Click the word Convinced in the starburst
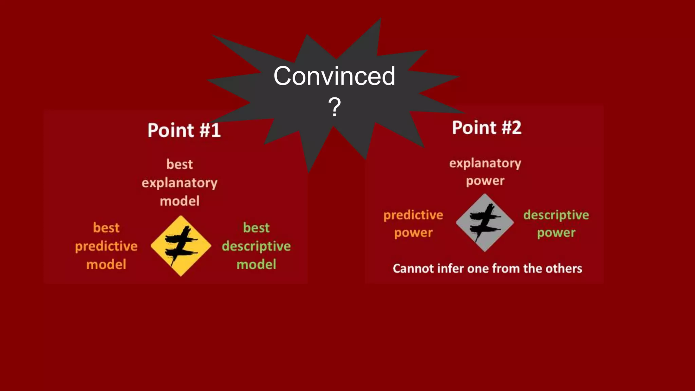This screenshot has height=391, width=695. [334, 76]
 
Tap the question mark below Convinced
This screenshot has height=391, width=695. [334, 107]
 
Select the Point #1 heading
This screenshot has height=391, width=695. [184, 130]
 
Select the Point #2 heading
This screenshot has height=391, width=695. [486, 128]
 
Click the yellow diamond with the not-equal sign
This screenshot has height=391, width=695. [181, 246]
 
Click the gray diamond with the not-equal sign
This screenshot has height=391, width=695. [485, 223]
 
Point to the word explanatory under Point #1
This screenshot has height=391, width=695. [179, 183]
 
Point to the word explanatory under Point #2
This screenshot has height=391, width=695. [485, 164]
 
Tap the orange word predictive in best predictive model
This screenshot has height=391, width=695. [106, 246]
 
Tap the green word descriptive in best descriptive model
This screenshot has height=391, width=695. [256, 246]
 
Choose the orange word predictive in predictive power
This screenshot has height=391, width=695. [413, 215]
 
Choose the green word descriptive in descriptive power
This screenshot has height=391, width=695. [556, 215]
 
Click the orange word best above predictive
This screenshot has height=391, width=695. [106, 228]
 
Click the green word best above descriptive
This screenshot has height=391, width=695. [256, 228]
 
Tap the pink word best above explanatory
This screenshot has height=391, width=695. [179, 165]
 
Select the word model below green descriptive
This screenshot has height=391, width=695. [256, 264]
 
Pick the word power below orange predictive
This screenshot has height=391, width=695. [413, 233]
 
